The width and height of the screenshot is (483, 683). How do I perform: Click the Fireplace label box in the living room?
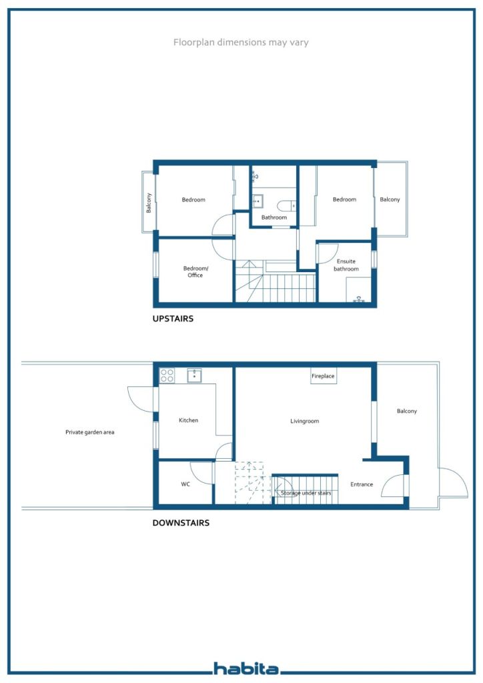(323, 376)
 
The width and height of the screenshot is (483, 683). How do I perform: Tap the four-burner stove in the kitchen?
(167, 375)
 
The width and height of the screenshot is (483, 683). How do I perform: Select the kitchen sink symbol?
(194, 375)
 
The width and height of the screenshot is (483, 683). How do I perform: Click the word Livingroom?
(304, 422)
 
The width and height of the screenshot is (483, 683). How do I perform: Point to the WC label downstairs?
(185, 484)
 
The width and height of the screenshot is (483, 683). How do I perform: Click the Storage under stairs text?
(306, 493)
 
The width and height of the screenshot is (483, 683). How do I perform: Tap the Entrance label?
(362, 484)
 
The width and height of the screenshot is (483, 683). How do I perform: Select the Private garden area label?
(89, 432)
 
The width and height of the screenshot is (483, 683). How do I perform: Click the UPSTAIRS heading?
(173, 318)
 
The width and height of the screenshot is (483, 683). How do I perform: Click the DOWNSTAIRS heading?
(181, 523)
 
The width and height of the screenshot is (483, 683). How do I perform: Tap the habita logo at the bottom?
(246, 668)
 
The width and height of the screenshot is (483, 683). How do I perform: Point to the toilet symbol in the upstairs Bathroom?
(286, 205)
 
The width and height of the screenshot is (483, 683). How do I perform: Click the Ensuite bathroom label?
(346, 265)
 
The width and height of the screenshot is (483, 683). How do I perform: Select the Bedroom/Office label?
(195, 272)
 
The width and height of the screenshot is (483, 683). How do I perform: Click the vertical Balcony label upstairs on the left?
(149, 203)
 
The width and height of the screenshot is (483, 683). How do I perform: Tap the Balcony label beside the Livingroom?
(407, 411)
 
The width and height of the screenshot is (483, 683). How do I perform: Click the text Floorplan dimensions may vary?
(241, 42)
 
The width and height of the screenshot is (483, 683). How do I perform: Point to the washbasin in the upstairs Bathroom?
(258, 201)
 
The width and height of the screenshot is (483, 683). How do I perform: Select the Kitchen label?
(189, 420)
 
